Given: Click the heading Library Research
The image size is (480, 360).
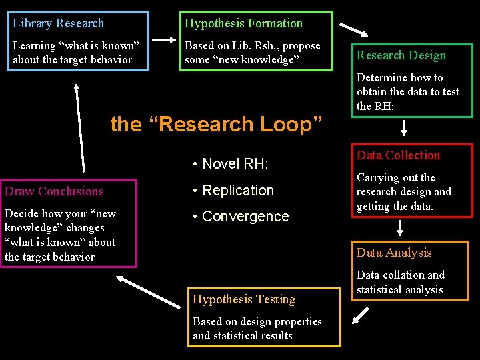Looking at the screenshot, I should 59,23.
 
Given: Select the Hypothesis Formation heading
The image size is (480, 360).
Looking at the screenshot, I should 243,23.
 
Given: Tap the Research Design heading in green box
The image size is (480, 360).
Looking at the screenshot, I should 401,55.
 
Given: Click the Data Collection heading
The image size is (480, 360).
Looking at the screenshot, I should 398,155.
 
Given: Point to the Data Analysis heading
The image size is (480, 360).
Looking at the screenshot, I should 394,253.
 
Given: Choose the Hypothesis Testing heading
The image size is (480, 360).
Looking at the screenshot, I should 244,299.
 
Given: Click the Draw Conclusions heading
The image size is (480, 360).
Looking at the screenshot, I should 54,191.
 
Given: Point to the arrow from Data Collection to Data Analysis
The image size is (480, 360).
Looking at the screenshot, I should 400,228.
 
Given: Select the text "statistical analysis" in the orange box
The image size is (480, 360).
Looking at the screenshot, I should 399,290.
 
